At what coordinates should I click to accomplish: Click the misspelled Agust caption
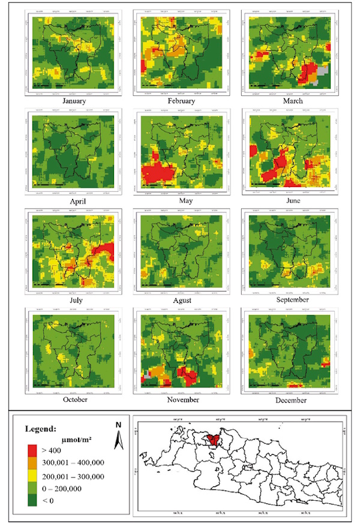tap(181, 299)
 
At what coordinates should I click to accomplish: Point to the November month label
tap(181, 399)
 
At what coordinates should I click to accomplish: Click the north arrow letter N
tap(119, 423)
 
